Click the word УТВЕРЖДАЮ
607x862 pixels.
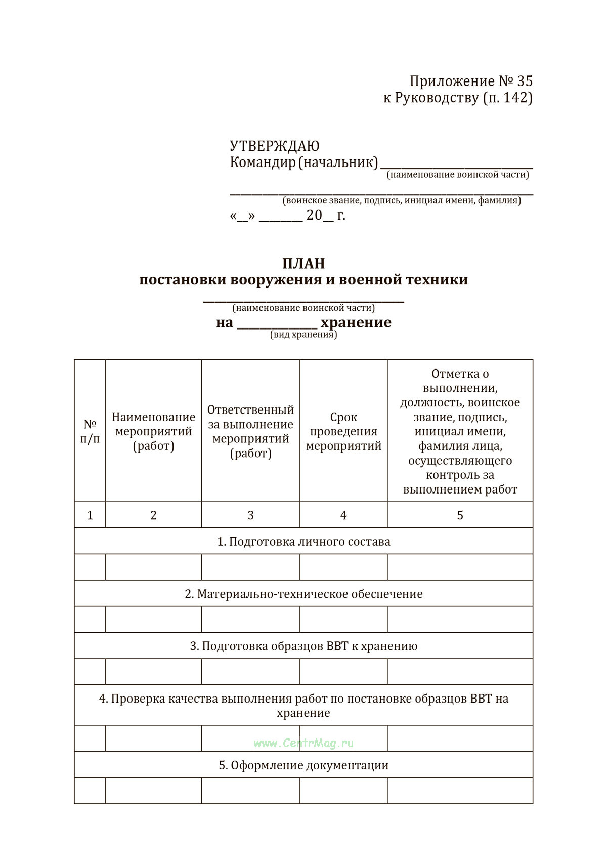[274, 146]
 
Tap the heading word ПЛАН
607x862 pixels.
[303, 263]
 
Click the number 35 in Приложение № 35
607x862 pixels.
[525, 81]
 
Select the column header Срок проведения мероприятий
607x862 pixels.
[343, 431]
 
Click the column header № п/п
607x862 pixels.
[90, 431]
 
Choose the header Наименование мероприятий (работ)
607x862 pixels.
[153, 431]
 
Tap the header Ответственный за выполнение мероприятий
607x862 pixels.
[250, 431]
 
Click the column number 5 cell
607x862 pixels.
[460, 515]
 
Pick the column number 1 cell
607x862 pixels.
[90, 515]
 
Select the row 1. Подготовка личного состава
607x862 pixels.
[303, 542]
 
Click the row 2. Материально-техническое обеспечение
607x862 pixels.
[303, 594]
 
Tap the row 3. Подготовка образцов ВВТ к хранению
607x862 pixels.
[303, 646]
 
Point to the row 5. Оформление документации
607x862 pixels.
[303, 765]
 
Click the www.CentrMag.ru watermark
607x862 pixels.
[303, 743]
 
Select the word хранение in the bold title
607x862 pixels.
[356, 322]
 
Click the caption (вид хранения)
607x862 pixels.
[303, 335]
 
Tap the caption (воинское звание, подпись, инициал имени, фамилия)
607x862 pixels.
[402, 200]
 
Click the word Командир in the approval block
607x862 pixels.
[262, 162]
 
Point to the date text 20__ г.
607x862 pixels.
[326, 216]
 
